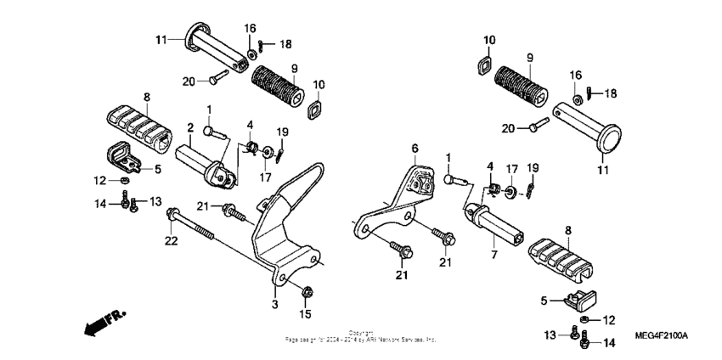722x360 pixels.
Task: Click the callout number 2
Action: [x=191, y=128]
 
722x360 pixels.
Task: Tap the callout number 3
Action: [x=274, y=304]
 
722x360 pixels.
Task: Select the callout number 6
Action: [x=415, y=149]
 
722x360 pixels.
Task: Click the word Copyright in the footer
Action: [x=361, y=332]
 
